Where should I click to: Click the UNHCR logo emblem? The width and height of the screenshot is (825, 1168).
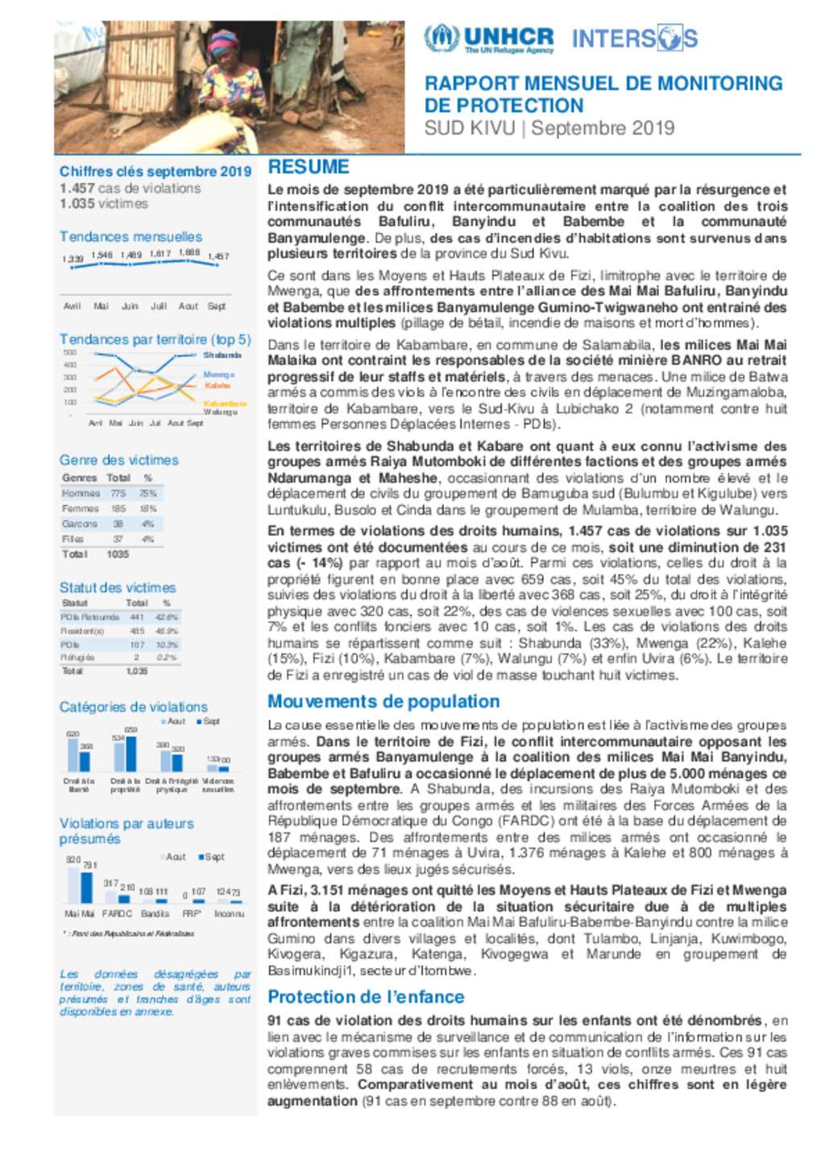point(442,38)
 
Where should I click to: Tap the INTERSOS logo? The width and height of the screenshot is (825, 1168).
point(634,38)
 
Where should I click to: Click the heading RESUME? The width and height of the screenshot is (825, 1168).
point(309,167)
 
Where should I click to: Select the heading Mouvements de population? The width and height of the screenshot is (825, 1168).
point(383,701)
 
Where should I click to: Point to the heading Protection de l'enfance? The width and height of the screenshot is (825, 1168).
point(366,997)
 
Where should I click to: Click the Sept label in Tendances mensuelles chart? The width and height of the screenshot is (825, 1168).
point(217,306)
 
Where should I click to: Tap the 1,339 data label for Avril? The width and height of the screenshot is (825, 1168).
point(73,259)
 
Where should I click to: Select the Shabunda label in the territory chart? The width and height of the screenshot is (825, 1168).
point(222,355)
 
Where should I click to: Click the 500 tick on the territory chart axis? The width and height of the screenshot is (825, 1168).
point(70,353)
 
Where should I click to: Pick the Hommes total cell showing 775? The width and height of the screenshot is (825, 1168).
point(118,493)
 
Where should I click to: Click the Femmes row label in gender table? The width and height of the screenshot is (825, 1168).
point(81,509)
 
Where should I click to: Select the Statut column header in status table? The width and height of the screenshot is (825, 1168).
point(75,603)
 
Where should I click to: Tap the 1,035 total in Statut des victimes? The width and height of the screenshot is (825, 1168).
point(137,671)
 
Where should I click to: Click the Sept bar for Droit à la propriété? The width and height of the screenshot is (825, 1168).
point(131,753)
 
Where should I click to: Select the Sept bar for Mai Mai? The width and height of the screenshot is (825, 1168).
point(86,887)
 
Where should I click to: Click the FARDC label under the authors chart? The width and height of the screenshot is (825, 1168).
point(118,913)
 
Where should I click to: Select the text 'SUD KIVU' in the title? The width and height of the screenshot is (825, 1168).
point(469,128)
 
